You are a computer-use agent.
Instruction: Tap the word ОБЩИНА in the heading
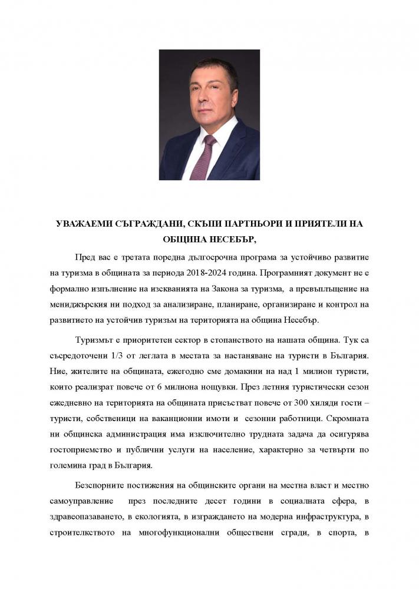[x=186, y=240]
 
